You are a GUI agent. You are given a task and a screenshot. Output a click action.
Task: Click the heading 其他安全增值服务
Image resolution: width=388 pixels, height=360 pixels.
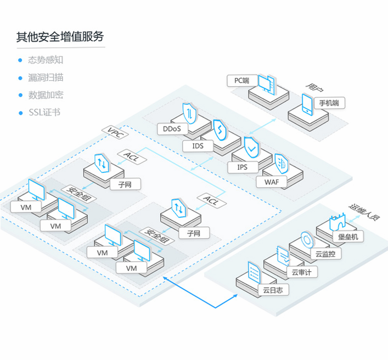60,37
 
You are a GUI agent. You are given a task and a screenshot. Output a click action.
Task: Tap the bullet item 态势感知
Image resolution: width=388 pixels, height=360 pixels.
46,60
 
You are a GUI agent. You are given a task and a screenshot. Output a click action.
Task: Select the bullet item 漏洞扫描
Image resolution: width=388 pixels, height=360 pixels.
46,77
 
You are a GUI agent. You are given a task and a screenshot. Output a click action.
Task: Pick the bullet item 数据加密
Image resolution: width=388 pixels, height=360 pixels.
46,95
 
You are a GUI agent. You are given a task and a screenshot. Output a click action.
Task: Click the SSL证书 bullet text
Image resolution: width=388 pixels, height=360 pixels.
44,113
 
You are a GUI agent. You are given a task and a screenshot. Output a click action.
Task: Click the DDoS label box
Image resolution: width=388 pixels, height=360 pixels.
172,128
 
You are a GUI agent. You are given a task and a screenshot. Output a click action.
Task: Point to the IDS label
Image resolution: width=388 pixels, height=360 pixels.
198,146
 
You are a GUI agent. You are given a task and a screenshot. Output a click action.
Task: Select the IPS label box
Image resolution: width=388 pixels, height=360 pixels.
243,167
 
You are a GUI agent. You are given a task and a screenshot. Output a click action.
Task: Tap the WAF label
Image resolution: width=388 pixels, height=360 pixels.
272,182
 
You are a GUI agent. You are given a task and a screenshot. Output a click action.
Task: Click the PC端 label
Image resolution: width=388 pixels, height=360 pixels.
242,81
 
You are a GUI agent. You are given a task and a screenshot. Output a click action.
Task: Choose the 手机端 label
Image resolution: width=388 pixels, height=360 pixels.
329,103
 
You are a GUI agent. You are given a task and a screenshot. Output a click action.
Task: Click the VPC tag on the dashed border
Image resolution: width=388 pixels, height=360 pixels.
115,133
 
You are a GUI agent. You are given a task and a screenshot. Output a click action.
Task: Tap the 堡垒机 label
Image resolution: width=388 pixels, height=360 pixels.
348,237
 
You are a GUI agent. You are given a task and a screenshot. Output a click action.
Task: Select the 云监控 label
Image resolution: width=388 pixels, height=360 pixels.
325,254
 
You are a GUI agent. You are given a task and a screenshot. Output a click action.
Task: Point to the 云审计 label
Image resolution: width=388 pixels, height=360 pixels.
302,272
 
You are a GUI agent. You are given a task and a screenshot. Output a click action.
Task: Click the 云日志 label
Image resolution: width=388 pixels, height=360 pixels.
273,290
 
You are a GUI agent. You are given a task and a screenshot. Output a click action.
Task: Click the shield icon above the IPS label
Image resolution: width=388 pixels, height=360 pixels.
251,148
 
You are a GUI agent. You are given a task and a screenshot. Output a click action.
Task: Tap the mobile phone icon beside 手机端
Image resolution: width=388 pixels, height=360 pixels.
307,105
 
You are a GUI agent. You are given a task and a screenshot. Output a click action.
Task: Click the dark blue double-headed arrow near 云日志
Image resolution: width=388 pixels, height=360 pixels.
215,307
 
